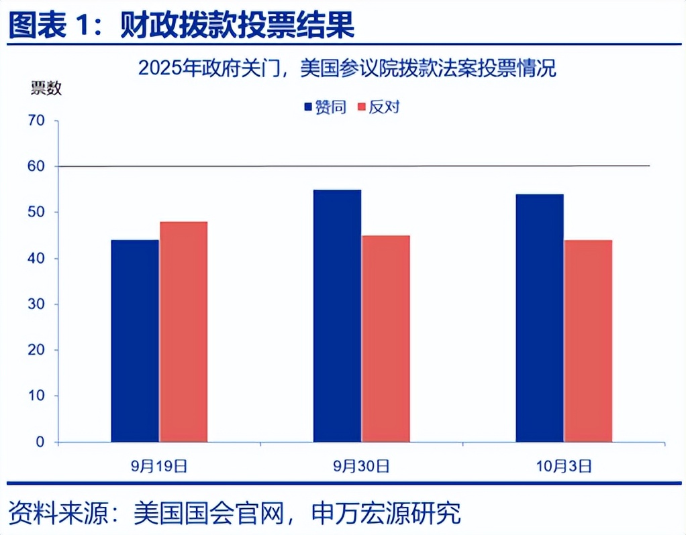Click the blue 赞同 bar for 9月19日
click(x=135, y=341)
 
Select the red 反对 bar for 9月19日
click(x=183, y=331)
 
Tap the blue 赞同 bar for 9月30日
click(x=337, y=316)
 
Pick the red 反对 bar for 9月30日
click(x=385, y=339)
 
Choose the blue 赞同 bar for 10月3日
click(x=540, y=318)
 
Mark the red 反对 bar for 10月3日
click(x=588, y=341)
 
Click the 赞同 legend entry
click(x=326, y=107)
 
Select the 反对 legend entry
click(x=379, y=107)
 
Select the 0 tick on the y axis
click(x=40, y=442)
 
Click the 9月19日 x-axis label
click(x=159, y=465)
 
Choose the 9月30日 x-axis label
click(x=361, y=465)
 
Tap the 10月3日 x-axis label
click(x=564, y=465)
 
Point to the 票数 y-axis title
click(x=46, y=88)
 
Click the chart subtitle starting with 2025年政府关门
click(x=347, y=68)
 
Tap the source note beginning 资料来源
click(x=235, y=514)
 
